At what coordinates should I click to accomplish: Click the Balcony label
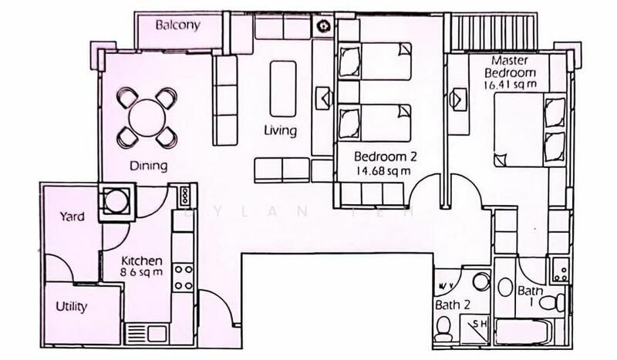(x=178, y=25)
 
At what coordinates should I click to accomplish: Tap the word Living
(x=279, y=130)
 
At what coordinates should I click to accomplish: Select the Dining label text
(x=149, y=165)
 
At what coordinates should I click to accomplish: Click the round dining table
(x=147, y=118)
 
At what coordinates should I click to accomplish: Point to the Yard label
(x=72, y=217)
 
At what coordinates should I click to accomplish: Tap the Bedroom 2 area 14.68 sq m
(x=383, y=170)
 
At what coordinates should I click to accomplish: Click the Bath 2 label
(x=453, y=305)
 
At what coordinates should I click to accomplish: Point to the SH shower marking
(x=479, y=325)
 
